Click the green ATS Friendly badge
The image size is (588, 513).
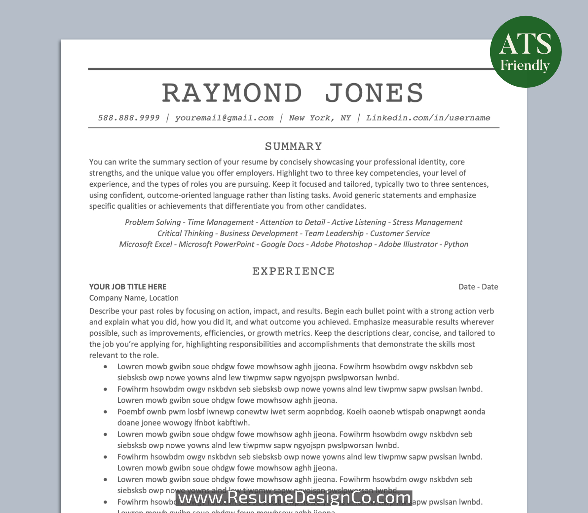[525, 52]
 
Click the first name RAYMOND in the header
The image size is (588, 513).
[232, 93]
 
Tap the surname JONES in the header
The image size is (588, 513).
[374, 93]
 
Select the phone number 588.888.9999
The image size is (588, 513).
[129, 118]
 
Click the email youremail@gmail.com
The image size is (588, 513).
[224, 118]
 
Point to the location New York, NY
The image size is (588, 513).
[320, 118]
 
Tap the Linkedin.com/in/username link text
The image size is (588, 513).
[428, 118]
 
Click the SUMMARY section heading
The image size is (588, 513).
[294, 146]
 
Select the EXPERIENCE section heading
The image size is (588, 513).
[294, 271]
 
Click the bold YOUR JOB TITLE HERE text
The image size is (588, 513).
[128, 287]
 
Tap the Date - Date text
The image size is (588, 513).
[478, 287]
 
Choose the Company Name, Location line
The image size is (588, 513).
[134, 298]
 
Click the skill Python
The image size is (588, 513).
[456, 244]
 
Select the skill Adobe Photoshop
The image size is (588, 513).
[341, 244]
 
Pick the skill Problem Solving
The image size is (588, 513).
[153, 222]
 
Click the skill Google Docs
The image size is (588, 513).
[282, 244]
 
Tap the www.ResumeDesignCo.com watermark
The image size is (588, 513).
[294, 497]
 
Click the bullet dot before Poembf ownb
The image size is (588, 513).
[105, 412]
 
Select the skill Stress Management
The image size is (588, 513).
[427, 222]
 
